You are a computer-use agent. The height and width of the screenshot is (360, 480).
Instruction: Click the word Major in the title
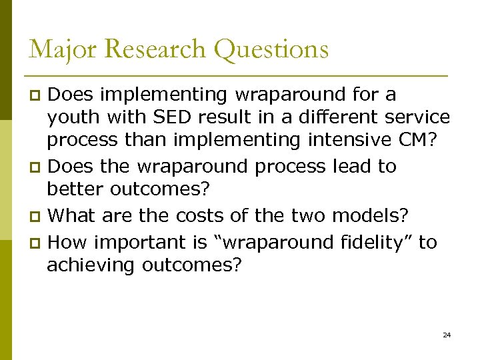(x=57, y=49)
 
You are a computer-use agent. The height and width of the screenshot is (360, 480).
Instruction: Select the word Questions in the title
(x=273, y=50)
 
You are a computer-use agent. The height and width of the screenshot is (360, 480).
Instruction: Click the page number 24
(x=447, y=334)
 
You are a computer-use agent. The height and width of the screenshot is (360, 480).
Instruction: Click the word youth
(x=71, y=118)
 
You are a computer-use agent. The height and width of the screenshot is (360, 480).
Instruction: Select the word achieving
(x=91, y=266)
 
